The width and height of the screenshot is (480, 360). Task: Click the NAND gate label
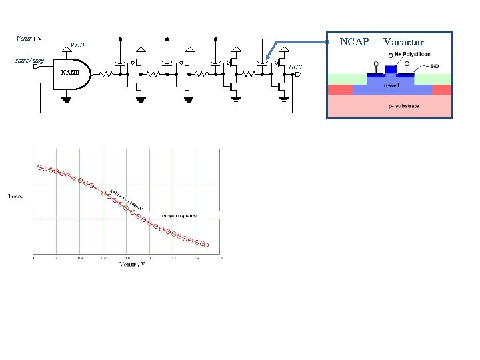pyautogui.click(x=70, y=73)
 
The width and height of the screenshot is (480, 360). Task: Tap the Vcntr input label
pyautogui.click(x=24, y=38)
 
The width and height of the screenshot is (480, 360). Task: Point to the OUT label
pyautogui.click(x=296, y=67)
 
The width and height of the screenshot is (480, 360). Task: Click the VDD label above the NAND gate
pyautogui.click(x=77, y=46)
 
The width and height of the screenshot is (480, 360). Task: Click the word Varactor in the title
pyautogui.click(x=403, y=42)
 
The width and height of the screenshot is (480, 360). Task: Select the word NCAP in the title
pyautogui.click(x=354, y=42)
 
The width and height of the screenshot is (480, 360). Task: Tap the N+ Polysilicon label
pyautogui.click(x=407, y=55)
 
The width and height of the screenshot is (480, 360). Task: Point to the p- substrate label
pyautogui.click(x=404, y=106)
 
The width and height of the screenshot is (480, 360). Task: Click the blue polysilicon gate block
pyautogui.click(x=391, y=69)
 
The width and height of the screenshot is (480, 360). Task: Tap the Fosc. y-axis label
pyautogui.click(x=15, y=196)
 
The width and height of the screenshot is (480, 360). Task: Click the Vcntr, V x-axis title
pyautogui.click(x=132, y=264)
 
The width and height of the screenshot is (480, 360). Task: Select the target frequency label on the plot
pyautogui.click(x=179, y=216)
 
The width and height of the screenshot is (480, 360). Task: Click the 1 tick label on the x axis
pyautogui.click(x=150, y=258)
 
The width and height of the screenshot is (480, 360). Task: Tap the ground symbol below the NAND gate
pyautogui.click(x=67, y=101)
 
